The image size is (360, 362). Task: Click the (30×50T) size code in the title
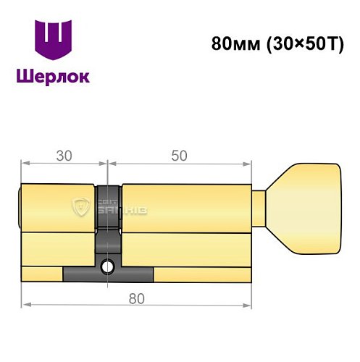click(300, 43)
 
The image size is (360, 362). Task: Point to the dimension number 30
click(64, 155)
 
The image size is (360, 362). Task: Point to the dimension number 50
click(180, 155)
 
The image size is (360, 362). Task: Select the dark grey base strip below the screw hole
click(109, 275)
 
